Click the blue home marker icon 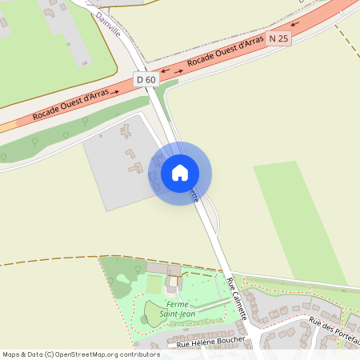click(180, 172)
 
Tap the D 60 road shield click(146, 79)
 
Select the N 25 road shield click(278, 38)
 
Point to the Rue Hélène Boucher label click(210, 344)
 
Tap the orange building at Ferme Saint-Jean click(172, 282)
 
